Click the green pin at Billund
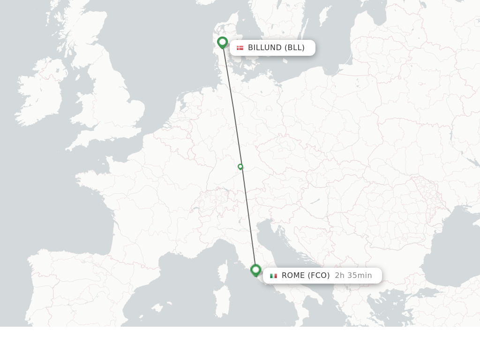[x=222, y=43]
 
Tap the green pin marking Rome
[x=255, y=270]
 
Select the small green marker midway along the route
[x=240, y=166]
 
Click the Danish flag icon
[x=240, y=48]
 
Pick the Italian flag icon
[x=273, y=276]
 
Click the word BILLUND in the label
[x=265, y=48]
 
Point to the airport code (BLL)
[x=294, y=48]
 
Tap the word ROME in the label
[x=293, y=276]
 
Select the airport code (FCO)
[x=319, y=276]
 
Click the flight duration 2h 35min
[x=353, y=276]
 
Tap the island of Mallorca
[x=157, y=308]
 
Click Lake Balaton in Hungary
[x=315, y=201]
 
